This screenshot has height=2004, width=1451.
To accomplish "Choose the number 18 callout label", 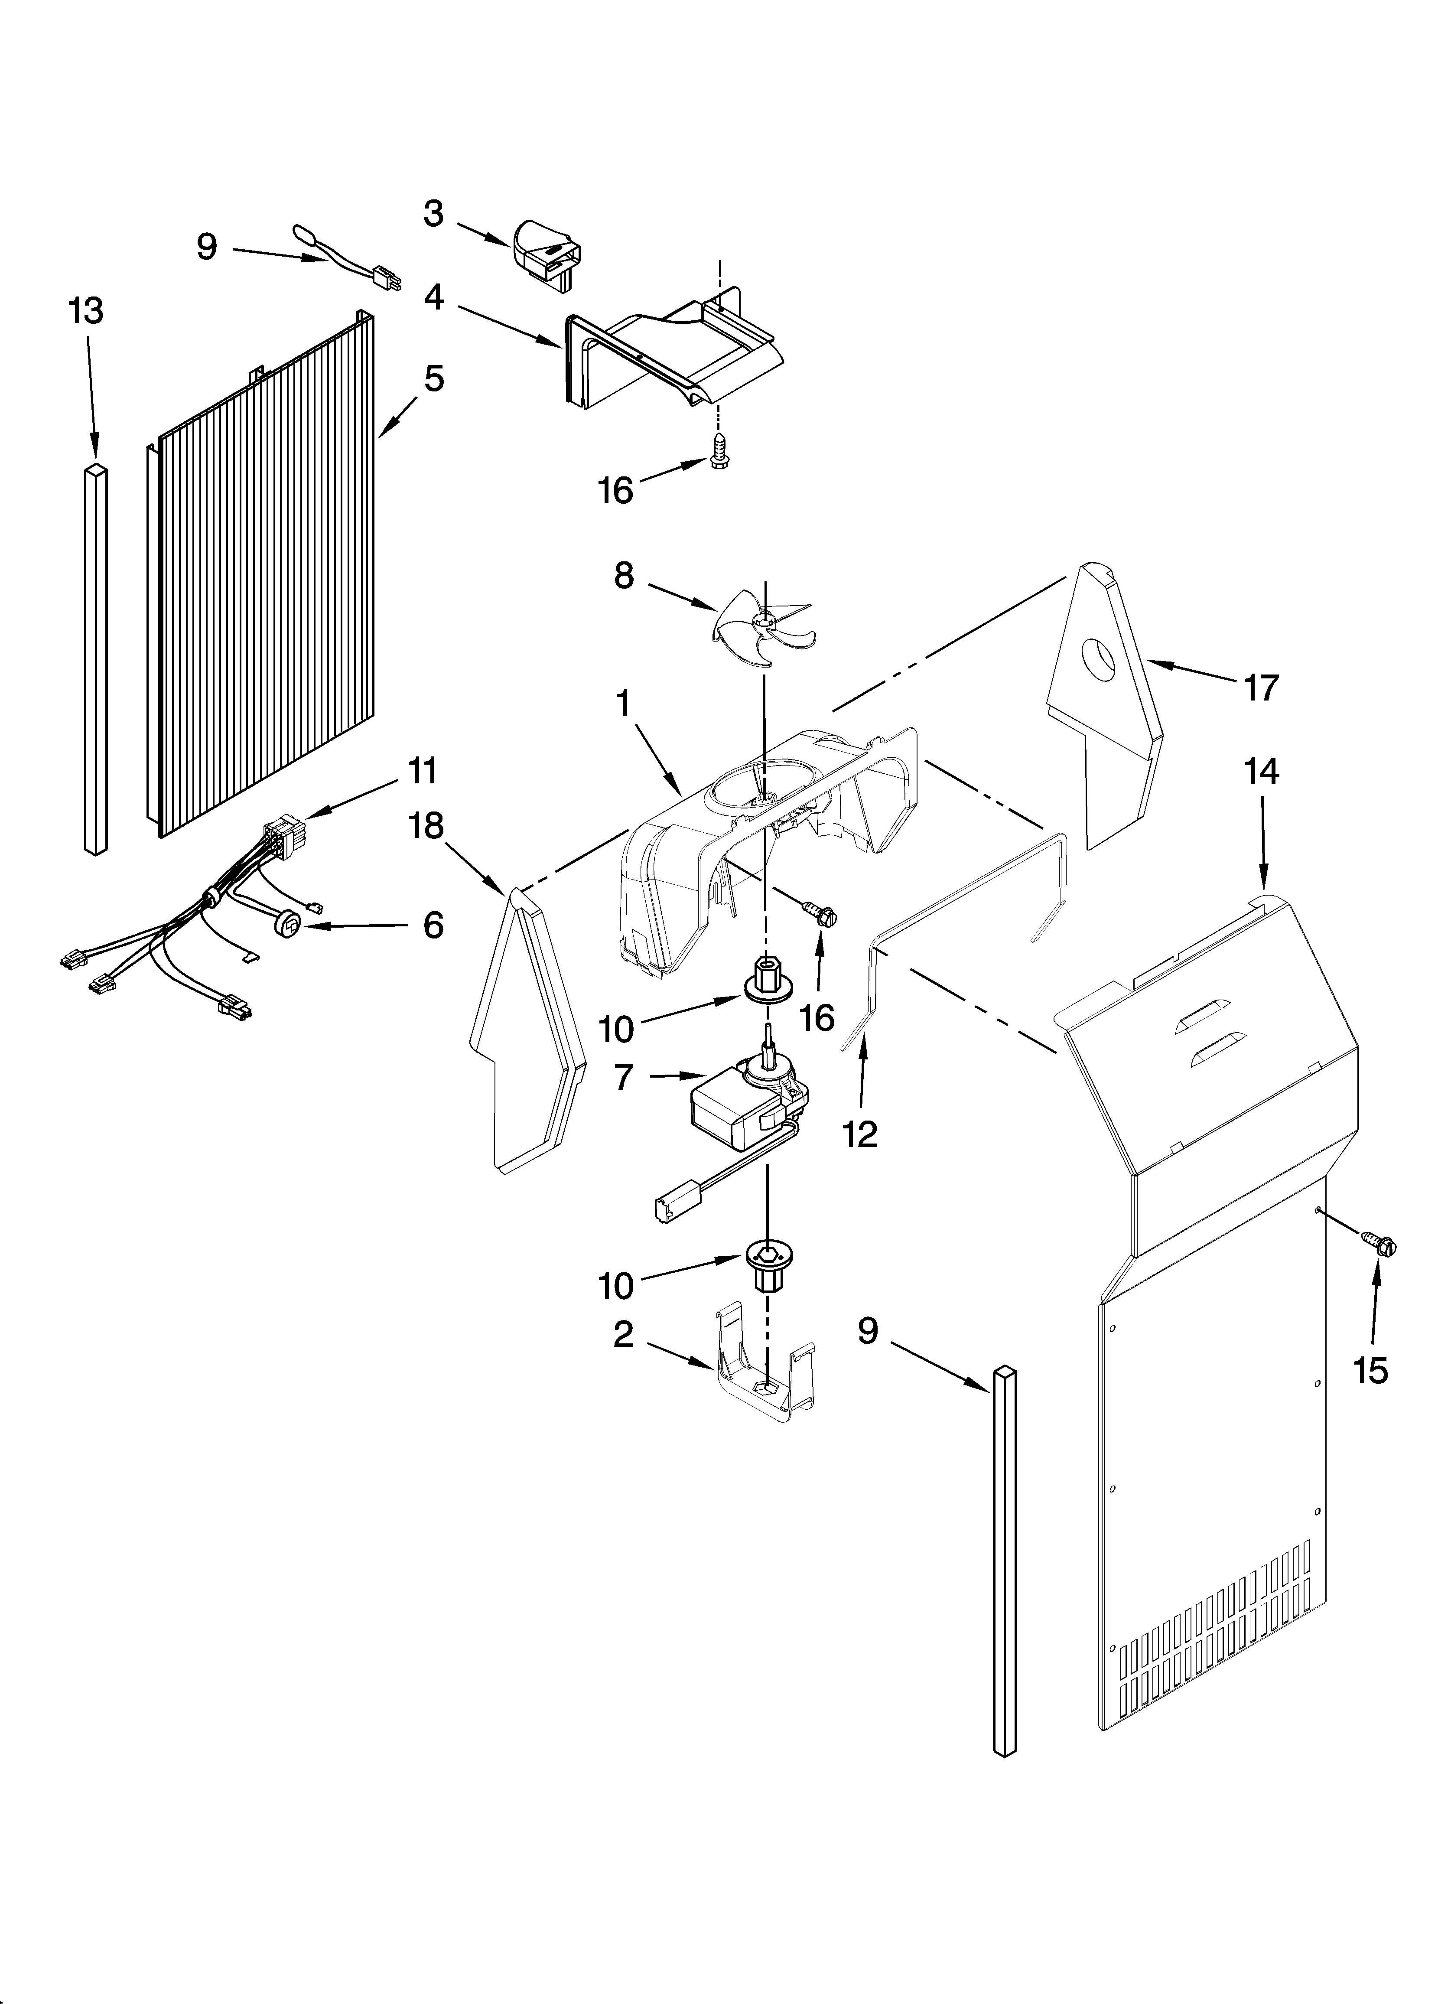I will click(426, 826).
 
